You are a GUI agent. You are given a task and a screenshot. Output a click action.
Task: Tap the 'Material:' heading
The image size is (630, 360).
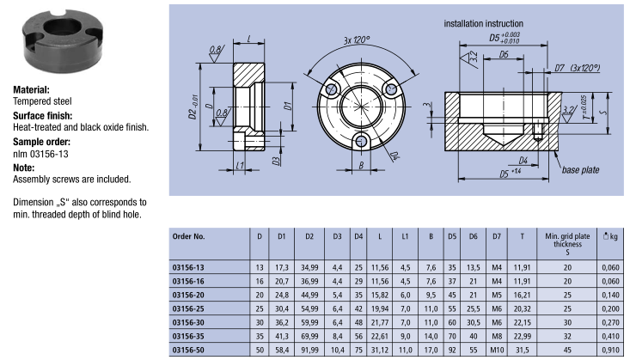[x=31, y=89]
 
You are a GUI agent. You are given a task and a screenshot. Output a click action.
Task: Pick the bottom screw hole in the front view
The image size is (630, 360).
[x=362, y=140]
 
